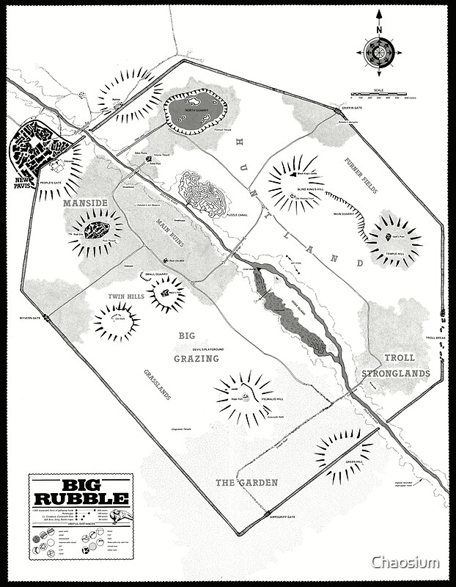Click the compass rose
point(379,51)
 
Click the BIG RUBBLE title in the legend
point(81,492)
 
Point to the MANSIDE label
point(85,202)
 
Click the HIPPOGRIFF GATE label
point(282,517)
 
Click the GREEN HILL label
point(353,462)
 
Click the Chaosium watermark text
point(405,563)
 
